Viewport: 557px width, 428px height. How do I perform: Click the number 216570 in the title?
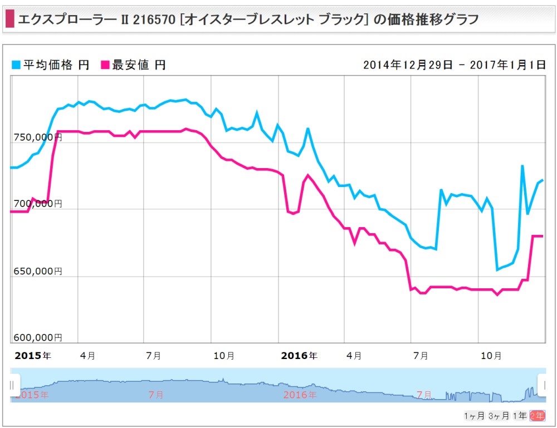(x=154, y=19)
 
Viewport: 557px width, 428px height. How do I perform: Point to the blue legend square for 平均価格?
(x=16, y=65)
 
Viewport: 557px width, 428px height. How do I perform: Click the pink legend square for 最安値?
(x=105, y=65)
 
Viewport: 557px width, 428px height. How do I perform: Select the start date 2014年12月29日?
(x=408, y=65)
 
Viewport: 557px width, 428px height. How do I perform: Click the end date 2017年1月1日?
(x=507, y=65)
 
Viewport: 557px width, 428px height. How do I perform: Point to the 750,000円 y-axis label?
(x=38, y=137)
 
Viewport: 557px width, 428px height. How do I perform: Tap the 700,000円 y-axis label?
(x=38, y=204)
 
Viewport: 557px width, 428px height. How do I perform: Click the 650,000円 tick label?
(x=38, y=271)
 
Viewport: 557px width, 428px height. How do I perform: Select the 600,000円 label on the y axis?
(x=38, y=337)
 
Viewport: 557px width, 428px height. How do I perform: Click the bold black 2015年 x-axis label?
(x=33, y=356)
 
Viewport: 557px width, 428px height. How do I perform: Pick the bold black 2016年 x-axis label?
(x=299, y=356)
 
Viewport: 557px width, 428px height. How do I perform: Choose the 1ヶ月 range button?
(x=474, y=416)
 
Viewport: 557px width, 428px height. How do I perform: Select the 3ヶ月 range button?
(x=499, y=416)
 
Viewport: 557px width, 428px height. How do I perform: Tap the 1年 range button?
(x=520, y=416)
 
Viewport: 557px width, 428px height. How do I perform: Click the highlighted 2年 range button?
(x=537, y=416)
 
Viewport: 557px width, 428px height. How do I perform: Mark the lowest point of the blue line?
(x=497, y=270)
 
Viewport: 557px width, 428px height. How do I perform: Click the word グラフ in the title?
(x=461, y=19)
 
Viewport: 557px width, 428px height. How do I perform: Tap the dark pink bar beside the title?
(x=10, y=19)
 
